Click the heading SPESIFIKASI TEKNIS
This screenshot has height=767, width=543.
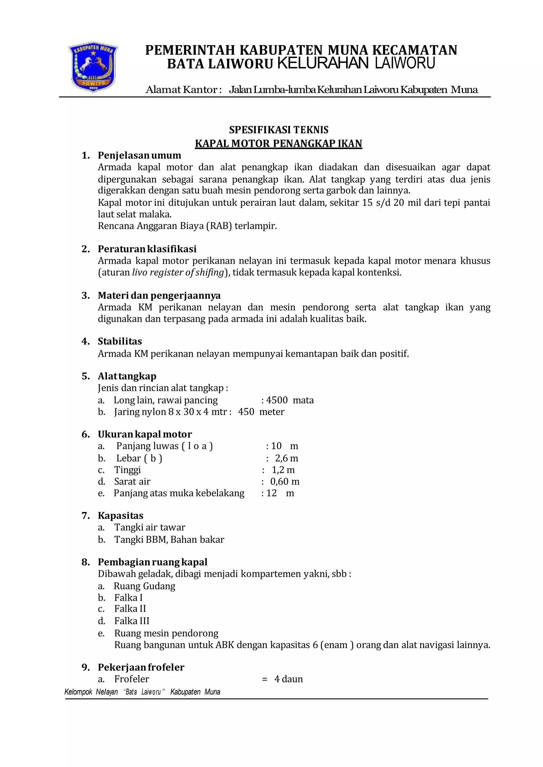(x=278, y=130)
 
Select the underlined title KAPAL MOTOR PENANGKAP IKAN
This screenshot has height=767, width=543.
(x=278, y=143)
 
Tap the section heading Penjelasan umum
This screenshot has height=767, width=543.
(x=139, y=155)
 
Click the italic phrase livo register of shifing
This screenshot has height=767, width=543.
(x=178, y=273)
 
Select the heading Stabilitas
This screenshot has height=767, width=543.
(x=120, y=341)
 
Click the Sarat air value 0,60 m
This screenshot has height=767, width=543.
(x=285, y=481)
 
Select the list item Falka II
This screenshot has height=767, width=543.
(x=130, y=608)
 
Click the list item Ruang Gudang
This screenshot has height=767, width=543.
(x=144, y=586)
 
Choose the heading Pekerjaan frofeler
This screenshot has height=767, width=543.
(x=141, y=667)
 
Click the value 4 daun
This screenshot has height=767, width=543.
(x=288, y=679)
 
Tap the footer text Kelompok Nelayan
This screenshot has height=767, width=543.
(x=91, y=692)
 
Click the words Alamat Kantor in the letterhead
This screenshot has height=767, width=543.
(x=183, y=90)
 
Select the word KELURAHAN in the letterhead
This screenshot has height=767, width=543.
(x=323, y=63)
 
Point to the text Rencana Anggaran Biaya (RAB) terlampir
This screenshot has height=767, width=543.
(x=187, y=226)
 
